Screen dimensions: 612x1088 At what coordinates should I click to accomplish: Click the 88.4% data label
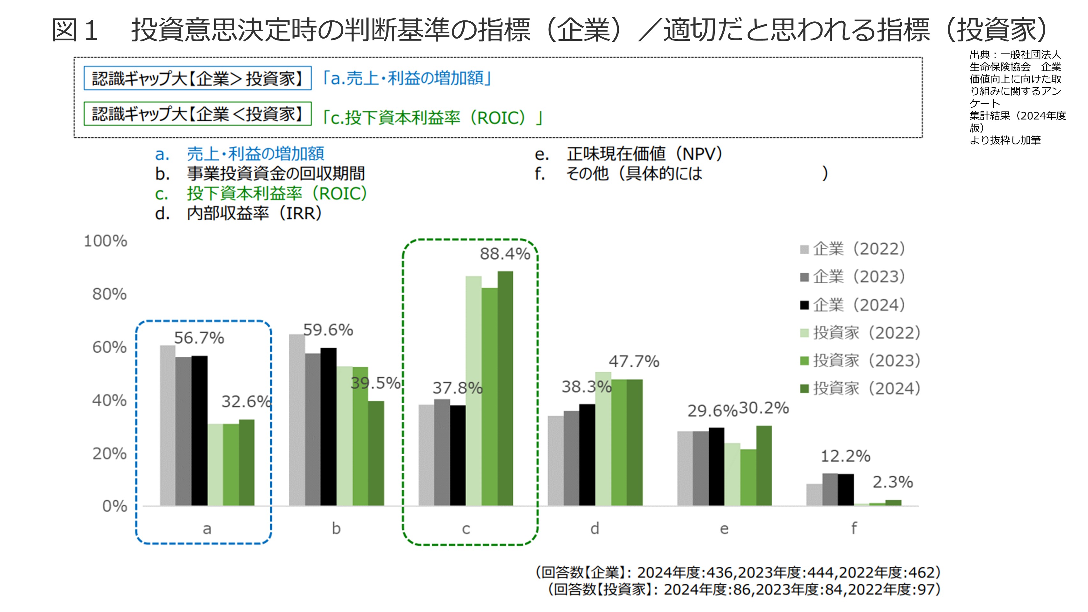pyautogui.click(x=505, y=254)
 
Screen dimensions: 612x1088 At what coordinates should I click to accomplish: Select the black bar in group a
pyautogui.click(x=199, y=431)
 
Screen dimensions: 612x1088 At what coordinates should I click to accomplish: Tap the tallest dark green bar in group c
pyautogui.click(x=505, y=389)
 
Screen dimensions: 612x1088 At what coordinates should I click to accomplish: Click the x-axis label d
pyautogui.click(x=595, y=528)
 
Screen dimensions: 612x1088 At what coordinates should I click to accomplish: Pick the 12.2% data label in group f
pyautogui.click(x=845, y=456)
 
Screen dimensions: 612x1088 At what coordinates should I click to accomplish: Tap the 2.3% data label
pyautogui.click(x=893, y=482)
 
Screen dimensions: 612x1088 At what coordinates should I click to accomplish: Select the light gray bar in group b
pyautogui.click(x=297, y=420)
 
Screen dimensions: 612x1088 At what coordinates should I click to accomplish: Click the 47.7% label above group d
pyautogui.click(x=633, y=361)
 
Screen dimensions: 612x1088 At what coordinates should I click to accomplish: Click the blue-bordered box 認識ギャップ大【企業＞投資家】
pyautogui.click(x=197, y=78)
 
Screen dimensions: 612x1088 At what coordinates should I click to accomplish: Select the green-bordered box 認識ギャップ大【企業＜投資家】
pyautogui.click(x=197, y=113)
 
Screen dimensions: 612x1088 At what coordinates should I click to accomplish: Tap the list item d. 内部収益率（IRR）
pyautogui.click(x=239, y=214)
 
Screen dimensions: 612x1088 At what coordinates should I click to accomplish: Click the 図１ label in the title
pyautogui.click(x=75, y=30)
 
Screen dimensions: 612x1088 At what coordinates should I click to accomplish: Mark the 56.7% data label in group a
pyautogui.click(x=199, y=338)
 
